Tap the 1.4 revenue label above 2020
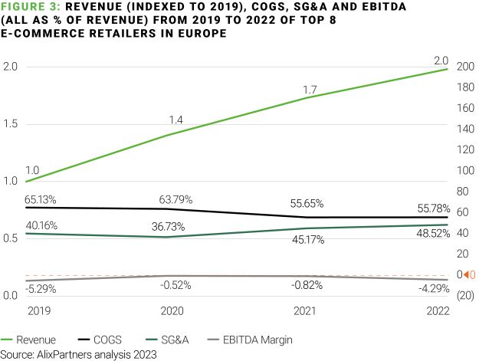click(177, 121)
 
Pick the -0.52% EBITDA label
click(176, 285)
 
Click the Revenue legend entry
click(28, 339)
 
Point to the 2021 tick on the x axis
click(307, 313)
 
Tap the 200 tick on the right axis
click(464, 67)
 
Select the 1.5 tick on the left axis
click(11, 124)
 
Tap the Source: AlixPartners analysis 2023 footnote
click(80, 354)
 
